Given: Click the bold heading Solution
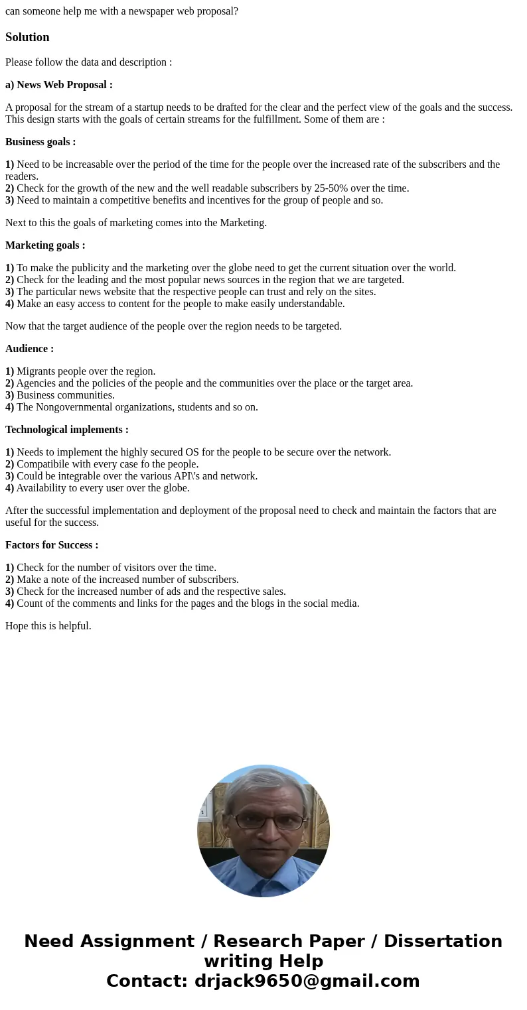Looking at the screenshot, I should pyautogui.click(x=27, y=37).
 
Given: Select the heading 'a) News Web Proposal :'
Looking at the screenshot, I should pyautogui.click(x=59, y=85).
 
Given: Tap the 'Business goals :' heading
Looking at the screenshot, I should pyautogui.click(x=40, y=142).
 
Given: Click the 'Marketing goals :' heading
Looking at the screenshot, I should pyautogui.click(x=45, y=245).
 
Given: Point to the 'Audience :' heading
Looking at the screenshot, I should pyautogui.click(x=29, y=349).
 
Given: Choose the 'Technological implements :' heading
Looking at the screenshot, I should pyautogui.click(x=67, y=430).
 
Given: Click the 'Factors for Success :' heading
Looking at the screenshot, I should pyautogui.click(x=52, y=545).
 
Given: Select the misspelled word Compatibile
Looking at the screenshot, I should pyautogui.click(x=43, y=464).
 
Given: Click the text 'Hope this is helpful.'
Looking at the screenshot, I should pyautogui.click(x=48, y=626).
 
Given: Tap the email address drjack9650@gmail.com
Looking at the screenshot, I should pyautogui.click(x=307, y=981).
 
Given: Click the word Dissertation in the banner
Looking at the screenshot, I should pyautogui.click(x=443, y=942).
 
